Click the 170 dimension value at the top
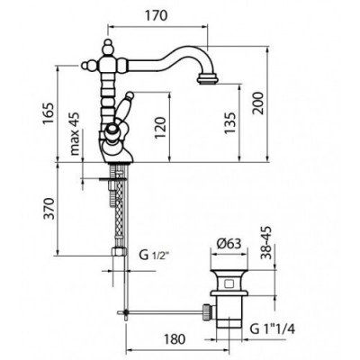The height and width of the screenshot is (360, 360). tap(157, 15)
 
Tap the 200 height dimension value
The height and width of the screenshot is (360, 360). tap(257, 103)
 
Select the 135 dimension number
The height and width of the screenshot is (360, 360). tap(229, 123)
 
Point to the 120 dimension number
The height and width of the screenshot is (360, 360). tap(160, 128)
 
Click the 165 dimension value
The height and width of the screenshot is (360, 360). tap(48, 113)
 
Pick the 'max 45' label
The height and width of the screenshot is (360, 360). tap(75, 133)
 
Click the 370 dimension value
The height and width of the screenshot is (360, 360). tap(49, 209)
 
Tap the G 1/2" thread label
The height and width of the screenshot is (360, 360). tap(155, 256)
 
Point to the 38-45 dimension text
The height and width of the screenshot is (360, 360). tap(266, 243)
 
